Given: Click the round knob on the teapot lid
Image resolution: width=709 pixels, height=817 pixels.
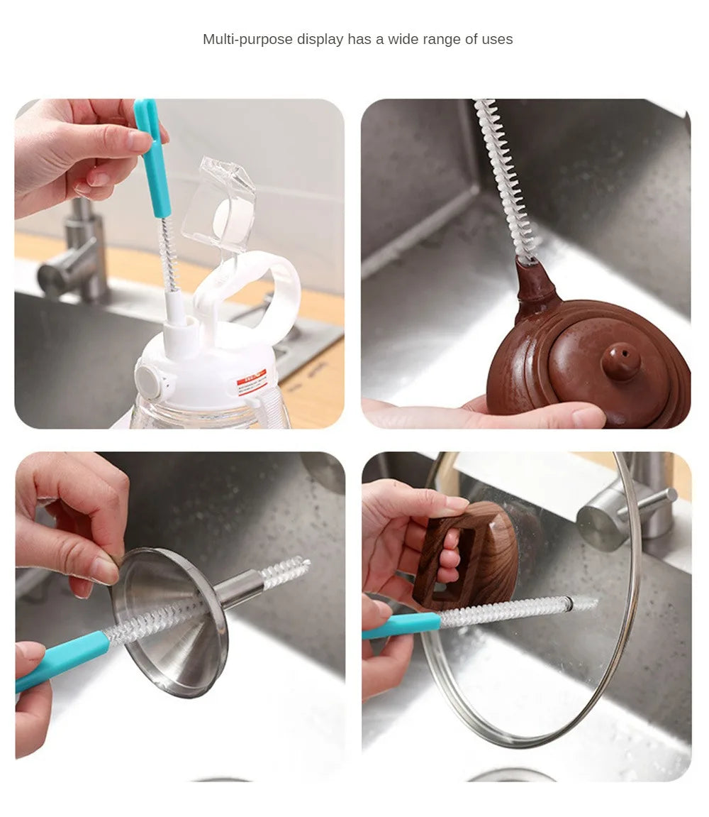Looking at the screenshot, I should click(x=621, y=361).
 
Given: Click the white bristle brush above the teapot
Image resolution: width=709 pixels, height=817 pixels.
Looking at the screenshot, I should click(x=503, y=177).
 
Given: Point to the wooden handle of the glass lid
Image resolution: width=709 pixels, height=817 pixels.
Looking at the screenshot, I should click(x=469, y=554).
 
